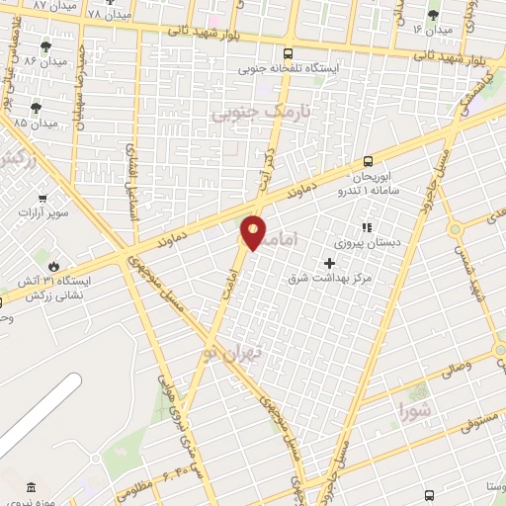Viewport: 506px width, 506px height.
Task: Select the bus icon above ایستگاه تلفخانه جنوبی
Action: click(288, 53)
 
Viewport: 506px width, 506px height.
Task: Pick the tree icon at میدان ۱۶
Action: click(433, 14)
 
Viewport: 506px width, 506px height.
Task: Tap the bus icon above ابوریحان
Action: click(368, 160)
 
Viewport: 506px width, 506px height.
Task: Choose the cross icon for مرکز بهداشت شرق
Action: click(330, 262)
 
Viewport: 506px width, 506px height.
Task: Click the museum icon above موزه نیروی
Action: click(30, 487)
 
